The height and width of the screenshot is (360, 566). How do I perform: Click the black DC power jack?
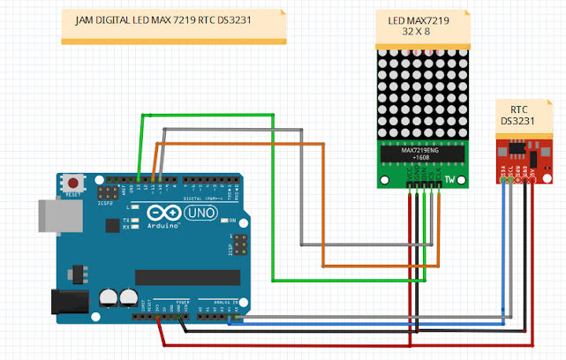(67, 302)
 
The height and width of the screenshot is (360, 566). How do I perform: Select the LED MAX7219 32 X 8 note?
(419, 26)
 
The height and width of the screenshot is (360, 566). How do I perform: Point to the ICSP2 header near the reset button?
(107, 191)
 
